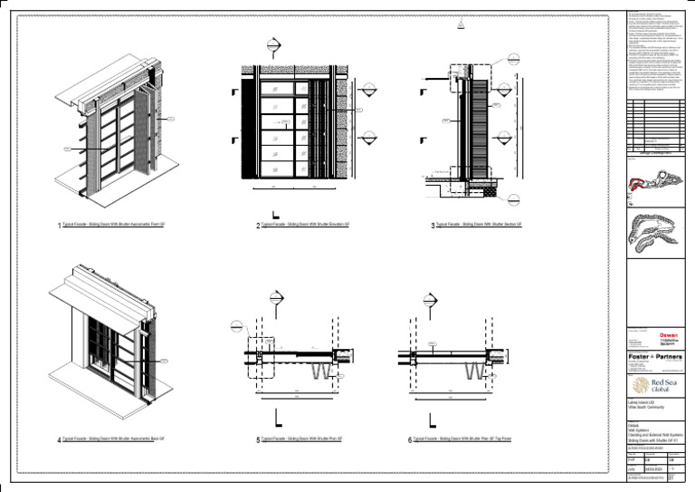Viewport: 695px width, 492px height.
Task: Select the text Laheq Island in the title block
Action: point(642,401)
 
